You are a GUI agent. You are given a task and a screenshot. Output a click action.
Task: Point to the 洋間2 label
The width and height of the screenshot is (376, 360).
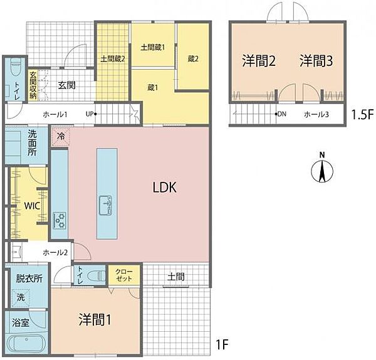[x=259, y=61]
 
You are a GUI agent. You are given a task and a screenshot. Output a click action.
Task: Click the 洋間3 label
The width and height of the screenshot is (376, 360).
[x=316, y=61]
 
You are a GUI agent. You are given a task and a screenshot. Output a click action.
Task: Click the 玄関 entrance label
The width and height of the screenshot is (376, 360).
[x=67, y=85]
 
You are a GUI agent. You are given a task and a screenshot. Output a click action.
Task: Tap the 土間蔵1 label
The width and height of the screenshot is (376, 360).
[x=152, y=48]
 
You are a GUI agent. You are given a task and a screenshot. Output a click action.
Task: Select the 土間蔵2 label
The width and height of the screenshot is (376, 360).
[x=113, y=60]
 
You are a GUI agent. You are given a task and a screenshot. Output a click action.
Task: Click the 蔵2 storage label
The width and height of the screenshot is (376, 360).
[x=193, y=59]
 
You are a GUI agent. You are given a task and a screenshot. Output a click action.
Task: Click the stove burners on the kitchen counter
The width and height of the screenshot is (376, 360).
[x=60, y=220]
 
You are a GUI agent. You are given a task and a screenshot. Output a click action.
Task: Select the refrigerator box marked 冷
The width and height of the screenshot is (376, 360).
[x=61, y=135]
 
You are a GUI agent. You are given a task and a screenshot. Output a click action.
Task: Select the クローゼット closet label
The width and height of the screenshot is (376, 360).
[x=125, y=275]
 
